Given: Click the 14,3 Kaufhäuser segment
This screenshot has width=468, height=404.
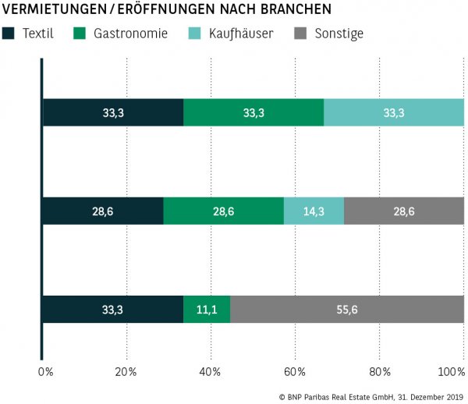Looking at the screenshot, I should coord(314,211).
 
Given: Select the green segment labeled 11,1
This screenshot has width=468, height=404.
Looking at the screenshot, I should coord(207,309).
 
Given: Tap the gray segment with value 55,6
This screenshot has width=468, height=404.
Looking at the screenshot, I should coord(347,309).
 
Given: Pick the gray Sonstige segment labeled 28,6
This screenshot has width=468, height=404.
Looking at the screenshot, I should coord(404,211).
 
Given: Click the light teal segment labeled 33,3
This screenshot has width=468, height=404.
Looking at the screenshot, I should coord(394,113).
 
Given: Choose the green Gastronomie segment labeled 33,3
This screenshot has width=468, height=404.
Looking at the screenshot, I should coord(253,113).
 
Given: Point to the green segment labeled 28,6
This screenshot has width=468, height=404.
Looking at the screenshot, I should coord(223,211).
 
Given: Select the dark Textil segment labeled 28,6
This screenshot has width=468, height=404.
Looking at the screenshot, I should coord(103,211).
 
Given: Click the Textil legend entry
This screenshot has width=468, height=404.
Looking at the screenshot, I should coord(31,34).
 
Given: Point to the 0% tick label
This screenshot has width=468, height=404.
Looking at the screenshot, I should coord(45,371).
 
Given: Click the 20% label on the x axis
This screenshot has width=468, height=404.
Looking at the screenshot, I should coord(126,371).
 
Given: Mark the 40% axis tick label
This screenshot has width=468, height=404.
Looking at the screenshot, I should coord(211,371).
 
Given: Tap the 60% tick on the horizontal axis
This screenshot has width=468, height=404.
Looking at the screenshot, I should coord(295,371).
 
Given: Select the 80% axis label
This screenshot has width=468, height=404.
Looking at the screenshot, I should coord(379,371).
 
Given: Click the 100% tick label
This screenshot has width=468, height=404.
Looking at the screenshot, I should coord(452,371).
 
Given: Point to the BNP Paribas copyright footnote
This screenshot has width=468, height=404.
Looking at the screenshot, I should coord(370,396).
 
